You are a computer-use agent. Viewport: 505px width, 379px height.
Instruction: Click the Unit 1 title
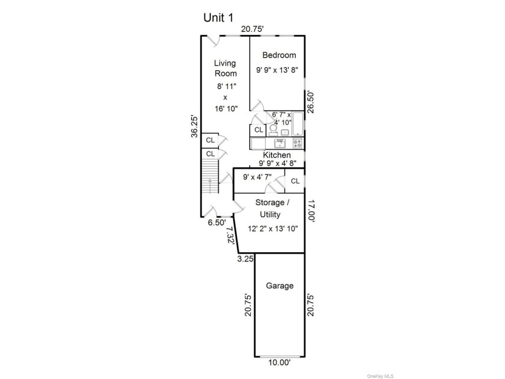[218, 17]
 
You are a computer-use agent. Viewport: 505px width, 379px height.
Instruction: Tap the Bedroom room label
[279, 55]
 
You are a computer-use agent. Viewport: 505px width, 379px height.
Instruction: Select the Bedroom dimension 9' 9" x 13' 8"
[277, 70]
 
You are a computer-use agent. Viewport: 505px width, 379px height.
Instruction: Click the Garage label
[280, 286]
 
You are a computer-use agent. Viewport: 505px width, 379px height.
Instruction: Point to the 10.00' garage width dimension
[280, 363]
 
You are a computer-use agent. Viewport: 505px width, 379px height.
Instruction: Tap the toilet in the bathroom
[273, 129]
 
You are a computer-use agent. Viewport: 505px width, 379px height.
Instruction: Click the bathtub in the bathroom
[298, 123]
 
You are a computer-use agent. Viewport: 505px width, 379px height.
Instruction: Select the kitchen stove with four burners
[298, 143]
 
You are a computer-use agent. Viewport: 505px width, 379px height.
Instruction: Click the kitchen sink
[280, 143]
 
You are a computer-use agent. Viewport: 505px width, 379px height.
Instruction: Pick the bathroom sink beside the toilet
[285, 132]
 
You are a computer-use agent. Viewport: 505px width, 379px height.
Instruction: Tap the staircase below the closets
[210, 176]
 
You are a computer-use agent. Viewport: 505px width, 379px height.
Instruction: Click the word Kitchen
[277, 155]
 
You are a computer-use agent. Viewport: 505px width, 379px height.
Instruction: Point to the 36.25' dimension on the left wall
[195, 126]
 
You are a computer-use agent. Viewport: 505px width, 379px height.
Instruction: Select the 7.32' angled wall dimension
[230, 236]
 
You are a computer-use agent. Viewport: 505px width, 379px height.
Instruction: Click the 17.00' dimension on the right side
[311, 211]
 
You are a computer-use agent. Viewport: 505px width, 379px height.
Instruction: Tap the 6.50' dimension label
[217, 223]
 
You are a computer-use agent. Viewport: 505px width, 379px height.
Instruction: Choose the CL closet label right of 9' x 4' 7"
[295, 181]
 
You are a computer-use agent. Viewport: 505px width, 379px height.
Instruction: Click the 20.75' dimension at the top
[252, 29]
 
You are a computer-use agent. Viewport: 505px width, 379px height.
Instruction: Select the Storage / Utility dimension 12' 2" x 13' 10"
[273, 229]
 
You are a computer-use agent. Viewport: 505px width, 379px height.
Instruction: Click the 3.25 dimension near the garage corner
[245, 259]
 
